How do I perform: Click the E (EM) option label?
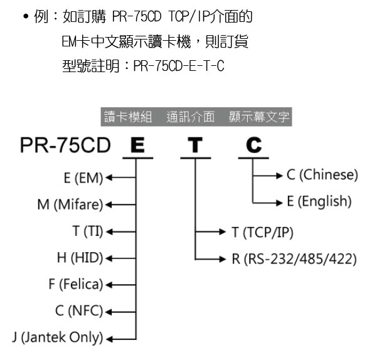83,178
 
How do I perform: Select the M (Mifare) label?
70,204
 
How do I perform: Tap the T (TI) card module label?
88,231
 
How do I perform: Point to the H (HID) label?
80,258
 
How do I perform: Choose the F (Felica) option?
76,284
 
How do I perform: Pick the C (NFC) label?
79,311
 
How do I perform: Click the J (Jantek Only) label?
58,337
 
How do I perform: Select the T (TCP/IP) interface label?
263,232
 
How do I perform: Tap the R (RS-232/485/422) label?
294,259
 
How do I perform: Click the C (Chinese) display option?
322,175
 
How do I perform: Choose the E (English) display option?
319,201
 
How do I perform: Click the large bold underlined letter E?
137,145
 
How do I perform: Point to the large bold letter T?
195,145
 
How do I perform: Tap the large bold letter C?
254,145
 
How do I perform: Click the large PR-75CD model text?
65,145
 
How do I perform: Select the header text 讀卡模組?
128,117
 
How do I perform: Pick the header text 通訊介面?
191,117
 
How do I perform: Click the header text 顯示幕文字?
259,117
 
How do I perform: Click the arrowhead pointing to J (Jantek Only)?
109,339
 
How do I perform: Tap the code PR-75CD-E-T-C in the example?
179,66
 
